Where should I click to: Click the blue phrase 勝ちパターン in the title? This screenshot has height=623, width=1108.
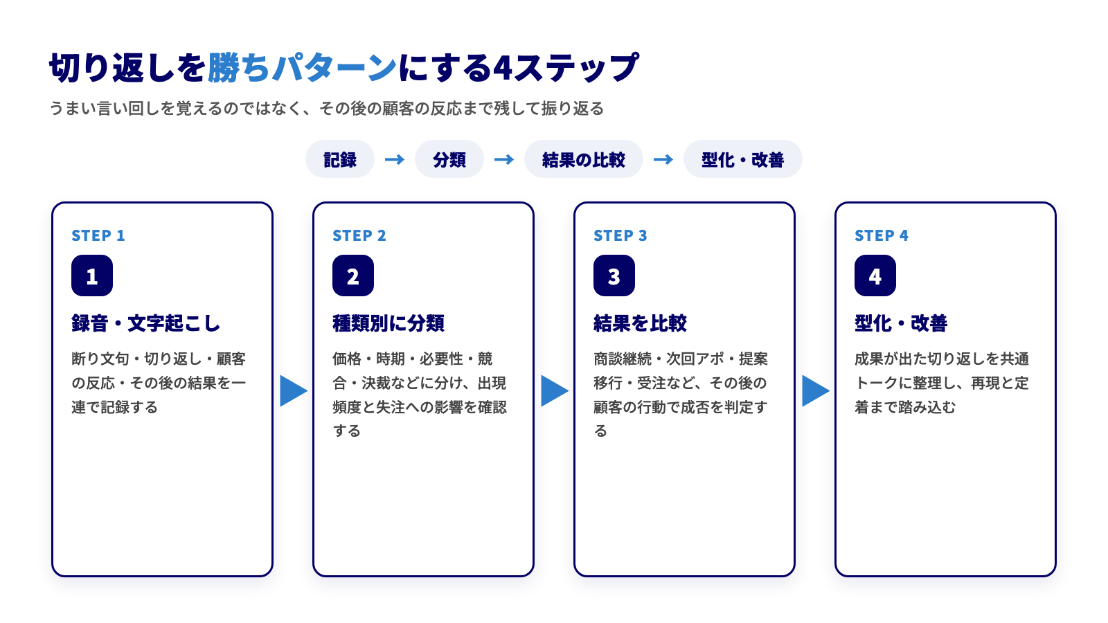coord(302,67)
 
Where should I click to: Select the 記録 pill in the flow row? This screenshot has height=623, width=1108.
coord(340,159)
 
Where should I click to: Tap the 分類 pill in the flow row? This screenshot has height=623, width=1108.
coord(449,159)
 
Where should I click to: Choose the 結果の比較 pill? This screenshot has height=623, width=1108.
coord(584,159)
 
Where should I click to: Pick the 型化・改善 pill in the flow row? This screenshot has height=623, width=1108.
coord(742,159)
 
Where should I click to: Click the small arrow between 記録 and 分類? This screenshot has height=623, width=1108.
coord(394,159)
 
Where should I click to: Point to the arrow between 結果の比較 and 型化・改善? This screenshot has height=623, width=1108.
coord(663,159)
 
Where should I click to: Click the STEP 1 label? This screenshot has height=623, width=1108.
coord(98,235)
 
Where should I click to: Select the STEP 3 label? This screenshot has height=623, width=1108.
coord(620,235)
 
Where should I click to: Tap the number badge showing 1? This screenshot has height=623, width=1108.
coord(92,276)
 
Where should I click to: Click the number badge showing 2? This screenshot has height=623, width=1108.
coord(353,276)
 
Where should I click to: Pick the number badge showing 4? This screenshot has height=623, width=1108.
coord(875,276)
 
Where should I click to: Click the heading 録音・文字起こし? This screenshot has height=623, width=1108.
coord(145,323)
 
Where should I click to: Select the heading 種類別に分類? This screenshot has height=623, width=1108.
coord(388,323)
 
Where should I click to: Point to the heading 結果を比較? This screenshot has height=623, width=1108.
coord(640,323)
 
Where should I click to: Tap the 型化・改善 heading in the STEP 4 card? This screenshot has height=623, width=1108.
coord(901,323)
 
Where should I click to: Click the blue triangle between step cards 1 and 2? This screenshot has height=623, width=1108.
coord(294,390)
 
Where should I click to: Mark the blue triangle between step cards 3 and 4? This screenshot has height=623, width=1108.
coord(816,390)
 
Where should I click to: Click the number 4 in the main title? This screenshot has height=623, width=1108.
coord(502,69)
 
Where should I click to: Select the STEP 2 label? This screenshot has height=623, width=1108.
coord(359,235)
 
